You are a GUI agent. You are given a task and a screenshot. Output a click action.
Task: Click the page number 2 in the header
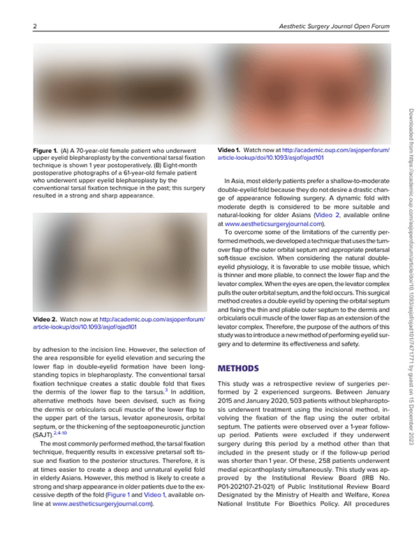point(34,27)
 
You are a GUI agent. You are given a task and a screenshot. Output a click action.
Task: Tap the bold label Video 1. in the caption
point(229,150)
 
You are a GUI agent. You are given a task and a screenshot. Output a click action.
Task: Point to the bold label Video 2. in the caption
point(45,319)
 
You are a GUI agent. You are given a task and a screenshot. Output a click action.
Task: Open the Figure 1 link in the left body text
point(118,494)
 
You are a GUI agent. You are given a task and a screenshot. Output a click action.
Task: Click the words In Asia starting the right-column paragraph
point(235,181)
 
